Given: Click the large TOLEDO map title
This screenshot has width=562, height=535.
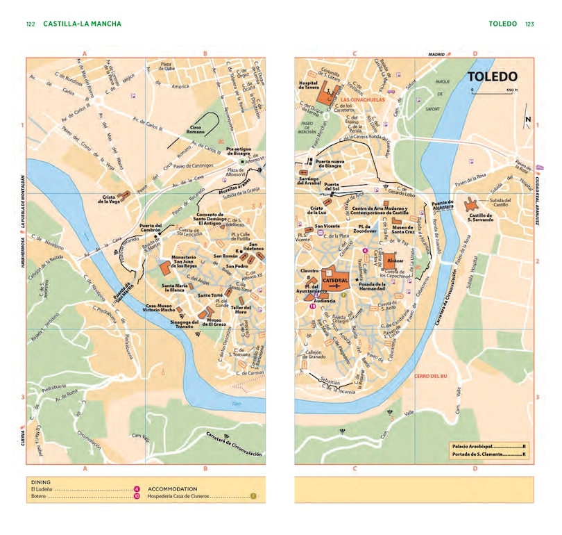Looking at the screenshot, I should coord(492,76).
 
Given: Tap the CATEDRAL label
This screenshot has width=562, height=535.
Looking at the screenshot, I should coord(336,279).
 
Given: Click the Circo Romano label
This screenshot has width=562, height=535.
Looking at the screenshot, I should coord(198,129).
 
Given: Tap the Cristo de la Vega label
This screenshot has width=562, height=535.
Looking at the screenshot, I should coord(110,199).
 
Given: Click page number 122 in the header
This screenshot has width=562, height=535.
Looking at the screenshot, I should coord(31,24).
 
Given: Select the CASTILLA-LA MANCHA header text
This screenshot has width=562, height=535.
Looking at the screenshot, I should coord(82,24).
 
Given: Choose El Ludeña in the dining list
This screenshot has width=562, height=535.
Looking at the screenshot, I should coord(42,489).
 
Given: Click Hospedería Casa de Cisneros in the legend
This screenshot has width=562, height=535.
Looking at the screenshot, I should coord(180,497).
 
